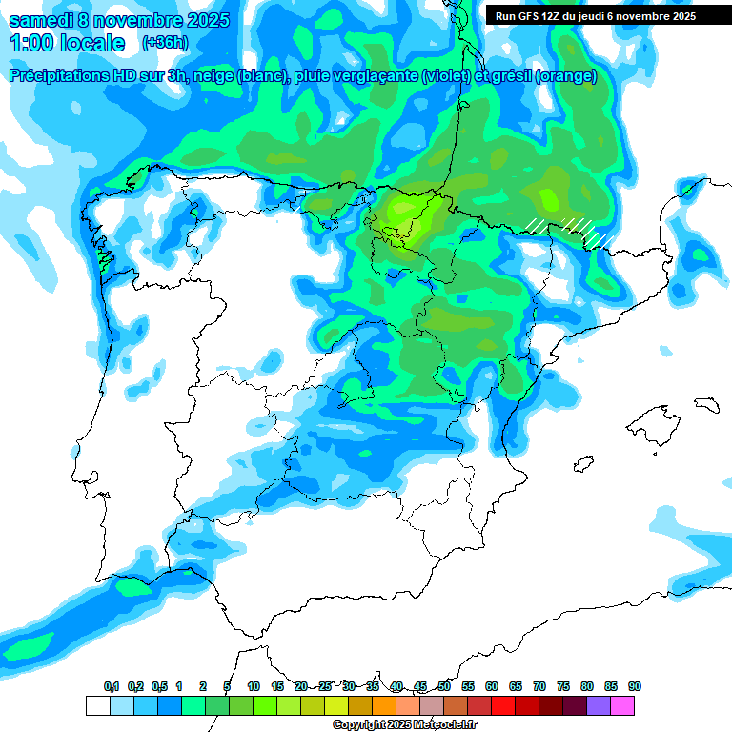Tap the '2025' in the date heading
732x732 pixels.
pyautogui.click(x=202, y=20)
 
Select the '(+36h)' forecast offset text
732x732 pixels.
pyautogui.click(x=165, y=43)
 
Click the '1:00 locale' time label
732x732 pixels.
pyautogui.click(x=67, y=43)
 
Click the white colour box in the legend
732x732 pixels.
pyautogui.click(x=97, y=705)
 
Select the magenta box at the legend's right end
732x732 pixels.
pyautogui.click(x=622, y=705)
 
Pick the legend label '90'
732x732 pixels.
pyautogui.click(x=635, y=686)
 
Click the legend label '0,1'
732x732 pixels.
pyautogui.click(x=111, y=686)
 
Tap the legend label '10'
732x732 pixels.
pyautogui.click(x=254, y=686)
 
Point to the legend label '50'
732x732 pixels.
pyautogui.click(x=444, y=686)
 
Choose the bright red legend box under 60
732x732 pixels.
pyautogui.click(x=503, y=705)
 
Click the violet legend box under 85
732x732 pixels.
pyautogui.click(x=599, y=705)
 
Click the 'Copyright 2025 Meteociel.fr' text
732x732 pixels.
pyautogui.click(x=404, y=725)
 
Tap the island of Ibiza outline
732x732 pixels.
pyautogui.click(x=583, y=463)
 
